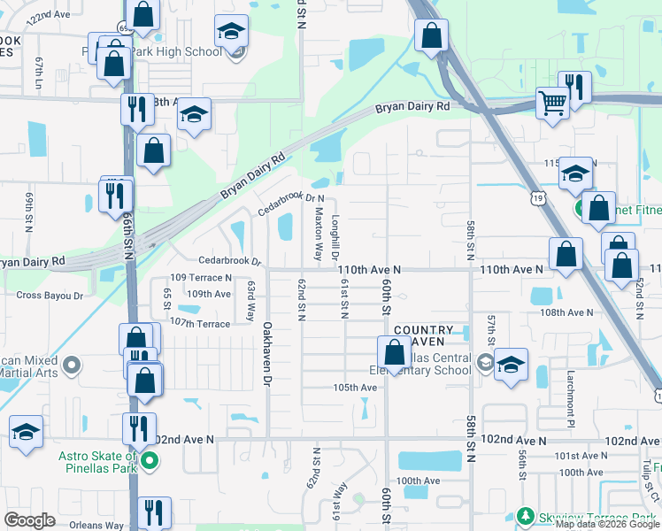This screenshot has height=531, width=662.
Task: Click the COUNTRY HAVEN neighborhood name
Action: pyautogui.click(x=423, y=336)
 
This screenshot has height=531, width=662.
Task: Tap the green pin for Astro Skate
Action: pyautogui.click(x=150, y=460)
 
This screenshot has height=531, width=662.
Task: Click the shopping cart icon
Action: pyautogui.click(x=553, y=104)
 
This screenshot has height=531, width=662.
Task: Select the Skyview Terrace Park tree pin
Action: pyautogui.click(x=525, y=516)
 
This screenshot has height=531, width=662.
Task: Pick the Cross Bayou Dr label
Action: pyautogui.click(x=50, y=295)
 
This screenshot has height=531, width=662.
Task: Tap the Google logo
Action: pyautogui.click(x=30, y=520)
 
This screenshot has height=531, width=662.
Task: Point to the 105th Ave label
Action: pyautogui.click(x=355, y=388)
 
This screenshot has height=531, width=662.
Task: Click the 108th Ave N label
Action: pyautogui.click(x=567, y=312)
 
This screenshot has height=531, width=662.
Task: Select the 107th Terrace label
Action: pyautogui.click(x=199, y=322)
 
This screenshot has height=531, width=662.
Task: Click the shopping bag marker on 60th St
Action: pyautogui.click(x=394, y=352)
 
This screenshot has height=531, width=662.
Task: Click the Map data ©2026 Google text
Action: pyautogui.click(x=607, y=524)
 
